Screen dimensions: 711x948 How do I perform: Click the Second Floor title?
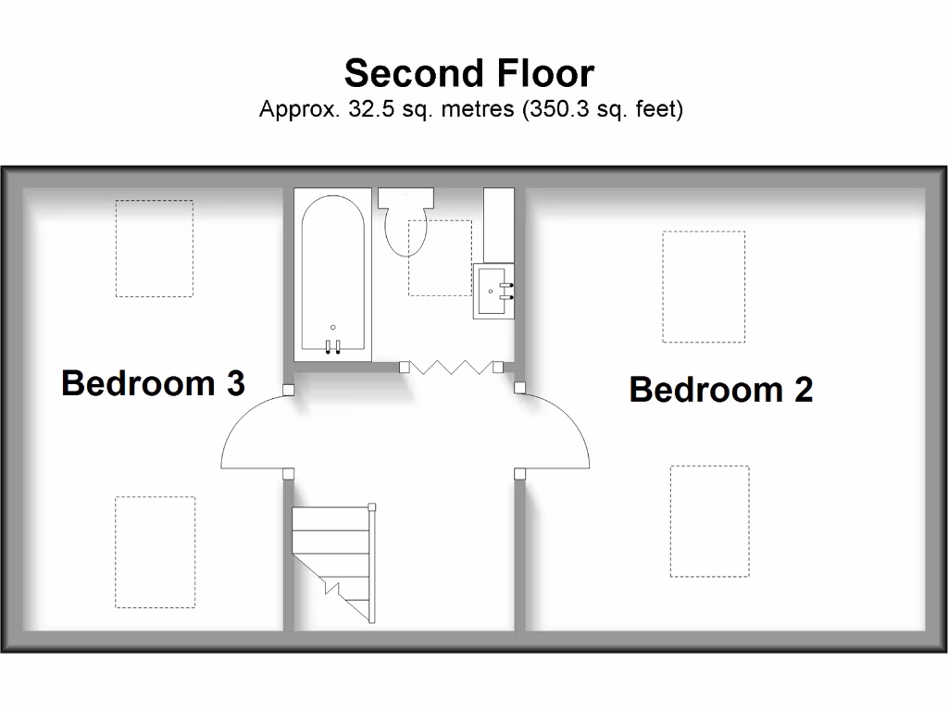pyautogui.click(x=468, y=73)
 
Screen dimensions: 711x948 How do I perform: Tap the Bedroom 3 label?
pyautogui.click(x=153, y=382)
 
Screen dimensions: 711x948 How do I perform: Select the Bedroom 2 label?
pyautogui.click(x=720, y=390)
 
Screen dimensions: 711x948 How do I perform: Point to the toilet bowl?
pyautogui.click(x=405, y=231)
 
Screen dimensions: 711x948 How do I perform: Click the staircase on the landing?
pyautogui.click(x=333, y=560)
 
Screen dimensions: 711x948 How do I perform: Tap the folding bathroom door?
pyautogui.click(x=451, y=367)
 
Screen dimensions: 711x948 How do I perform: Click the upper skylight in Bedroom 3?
pyautogui.click(x=154, y=248)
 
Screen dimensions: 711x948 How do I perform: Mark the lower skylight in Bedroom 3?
pyautogui.click(x=155, y=552)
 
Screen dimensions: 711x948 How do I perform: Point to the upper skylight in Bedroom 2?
pyautogui.click(x=704, y=286)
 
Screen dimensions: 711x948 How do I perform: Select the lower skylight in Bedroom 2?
pyautogui.click(x=709, y=520)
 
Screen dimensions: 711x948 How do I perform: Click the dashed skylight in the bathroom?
pyautogui.click(x=441, y=257)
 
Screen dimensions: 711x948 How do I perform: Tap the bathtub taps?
pyautogui.click(x=333, y=346)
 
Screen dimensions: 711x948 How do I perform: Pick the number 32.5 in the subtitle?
pyautogui.click(x=368, y=109)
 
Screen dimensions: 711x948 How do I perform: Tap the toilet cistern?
pyautogui.click(x=405, y=198)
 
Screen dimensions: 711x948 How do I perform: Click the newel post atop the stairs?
pyautogui.click(x=372, y=506)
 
